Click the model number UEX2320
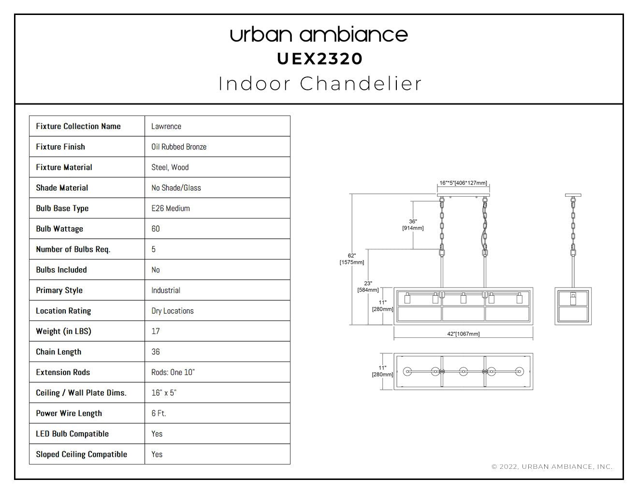click(319, 59)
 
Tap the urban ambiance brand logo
click(319, 34)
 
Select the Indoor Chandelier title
click(320, 84)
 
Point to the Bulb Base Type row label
click(62, 208)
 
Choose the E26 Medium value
click(171, 208)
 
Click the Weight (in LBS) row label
click(63, 331)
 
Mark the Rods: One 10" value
click(173, 372)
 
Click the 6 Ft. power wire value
click(159, 413)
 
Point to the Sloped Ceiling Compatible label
click(81, 454)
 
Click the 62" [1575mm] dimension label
click(352, 259)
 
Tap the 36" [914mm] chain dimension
click(413, 225)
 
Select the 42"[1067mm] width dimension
click(464, 334)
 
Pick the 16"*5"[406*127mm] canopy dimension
click(464, 183)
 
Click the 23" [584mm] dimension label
click(368, 287)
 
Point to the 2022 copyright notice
click(552, 466)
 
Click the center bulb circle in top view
click(464, 371)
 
